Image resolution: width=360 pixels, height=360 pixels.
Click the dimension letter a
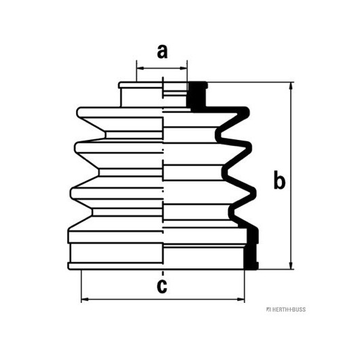[x=162, y=52]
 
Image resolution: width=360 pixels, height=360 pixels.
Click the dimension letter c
[x=162, y=286]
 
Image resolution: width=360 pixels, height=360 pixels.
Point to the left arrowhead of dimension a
[x=140, y=68]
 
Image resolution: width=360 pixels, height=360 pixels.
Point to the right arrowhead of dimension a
[x=183, y=68]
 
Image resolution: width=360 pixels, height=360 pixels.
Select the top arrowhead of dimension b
[x=291, y=86]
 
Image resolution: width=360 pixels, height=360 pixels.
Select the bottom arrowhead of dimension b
[x=291, y=266]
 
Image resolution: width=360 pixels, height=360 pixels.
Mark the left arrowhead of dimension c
[x=85, y=300]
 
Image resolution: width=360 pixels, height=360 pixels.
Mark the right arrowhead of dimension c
[x=241, y=300]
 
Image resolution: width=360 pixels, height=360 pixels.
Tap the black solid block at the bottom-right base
[x=251, y=249]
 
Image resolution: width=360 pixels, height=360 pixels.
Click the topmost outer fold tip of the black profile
[x=247, y=112]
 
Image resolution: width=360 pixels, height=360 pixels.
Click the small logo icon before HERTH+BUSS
[x=268, y=310]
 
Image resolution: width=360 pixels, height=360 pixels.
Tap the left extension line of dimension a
[x=137, y=71]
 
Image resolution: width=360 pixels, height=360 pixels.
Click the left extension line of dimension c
[x=82, y=286]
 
